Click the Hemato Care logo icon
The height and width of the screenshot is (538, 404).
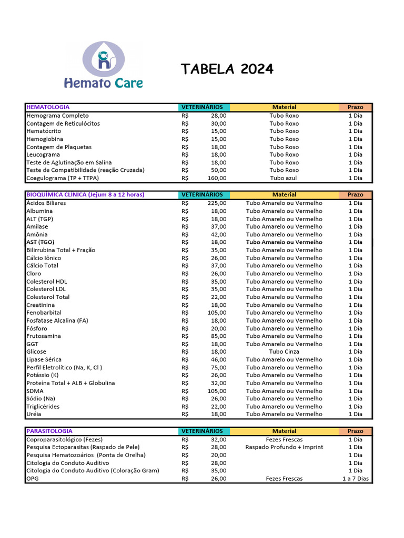click(104, 58)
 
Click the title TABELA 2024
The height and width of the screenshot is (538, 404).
click(227, 69)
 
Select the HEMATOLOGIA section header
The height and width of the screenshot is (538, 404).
click(48, 107)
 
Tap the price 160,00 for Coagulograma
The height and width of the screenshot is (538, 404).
click(217, 178)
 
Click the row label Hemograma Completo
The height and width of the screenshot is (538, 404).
click(58, 116)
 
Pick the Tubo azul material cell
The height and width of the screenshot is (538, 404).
click(284, 178)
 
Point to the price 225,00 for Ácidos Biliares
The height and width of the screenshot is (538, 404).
click(217, 203)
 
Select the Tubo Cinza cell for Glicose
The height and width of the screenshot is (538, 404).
click(284, 352)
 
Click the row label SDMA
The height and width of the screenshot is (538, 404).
click(35, 391)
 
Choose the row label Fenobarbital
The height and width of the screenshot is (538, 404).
click(44, 313)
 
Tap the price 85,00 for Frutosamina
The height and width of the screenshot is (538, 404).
click(218, 336)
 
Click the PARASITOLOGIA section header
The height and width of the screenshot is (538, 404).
click(49, 431)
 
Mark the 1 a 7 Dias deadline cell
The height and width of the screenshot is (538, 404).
click(355, 479)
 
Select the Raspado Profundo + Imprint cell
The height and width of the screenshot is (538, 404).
click(284, 447)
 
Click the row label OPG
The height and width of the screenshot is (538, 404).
click(33, 479)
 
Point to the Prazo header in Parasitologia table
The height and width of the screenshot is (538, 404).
click(355, 431)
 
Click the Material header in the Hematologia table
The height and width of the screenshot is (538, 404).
click(284, 107)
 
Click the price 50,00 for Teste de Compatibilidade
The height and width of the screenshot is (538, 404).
click(218, 170)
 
